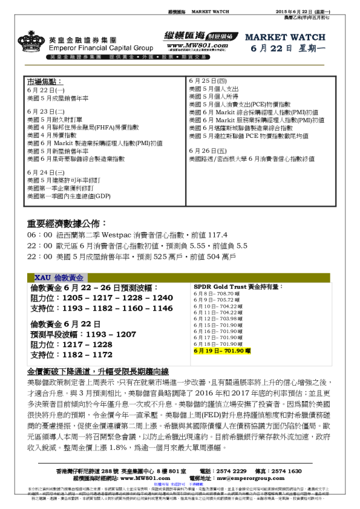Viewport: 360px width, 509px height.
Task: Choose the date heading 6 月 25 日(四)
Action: pos(208,80)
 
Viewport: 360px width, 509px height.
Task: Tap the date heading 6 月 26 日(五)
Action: pos(208,150)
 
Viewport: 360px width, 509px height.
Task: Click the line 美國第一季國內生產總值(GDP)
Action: pos(69,196)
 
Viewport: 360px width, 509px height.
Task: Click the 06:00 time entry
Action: pos(39,235)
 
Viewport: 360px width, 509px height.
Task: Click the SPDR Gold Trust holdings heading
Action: pos(238,287)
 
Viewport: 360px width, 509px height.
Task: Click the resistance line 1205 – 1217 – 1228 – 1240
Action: pos(102,298)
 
